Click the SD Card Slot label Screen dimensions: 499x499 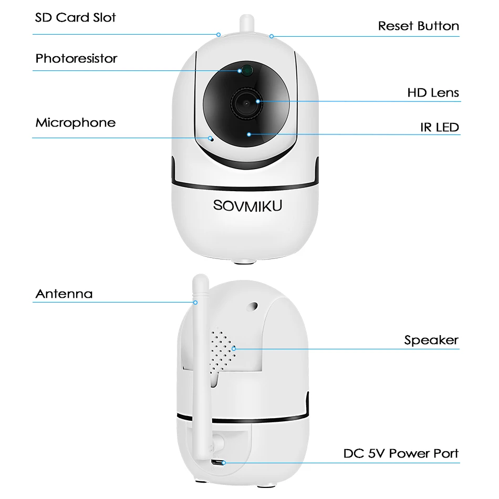click(x=75, y=17)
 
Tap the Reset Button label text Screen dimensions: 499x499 click(x=418, y=26)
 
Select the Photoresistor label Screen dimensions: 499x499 click(x=76, y=58)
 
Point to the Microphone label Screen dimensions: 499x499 click(x=75, y=123)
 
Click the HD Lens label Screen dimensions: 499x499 click(x=433, y=93)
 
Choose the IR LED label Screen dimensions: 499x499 click(x=439, y=127)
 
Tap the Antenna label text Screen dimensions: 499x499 click(x=64, y=294)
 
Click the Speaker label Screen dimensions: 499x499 click(x=431, y=340)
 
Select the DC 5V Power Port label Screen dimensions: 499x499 click(x=401, y=453)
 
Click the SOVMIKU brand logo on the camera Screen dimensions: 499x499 click(x=248, y=205)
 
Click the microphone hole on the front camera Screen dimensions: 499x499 click(x=211, y=139)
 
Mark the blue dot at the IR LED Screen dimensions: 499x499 click(x=248, y=134)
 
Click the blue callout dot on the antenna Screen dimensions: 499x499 click(x=195, y=302)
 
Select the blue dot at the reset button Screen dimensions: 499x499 click(x=272, y=36)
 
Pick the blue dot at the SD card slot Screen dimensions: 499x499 click(x=219, y=35)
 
